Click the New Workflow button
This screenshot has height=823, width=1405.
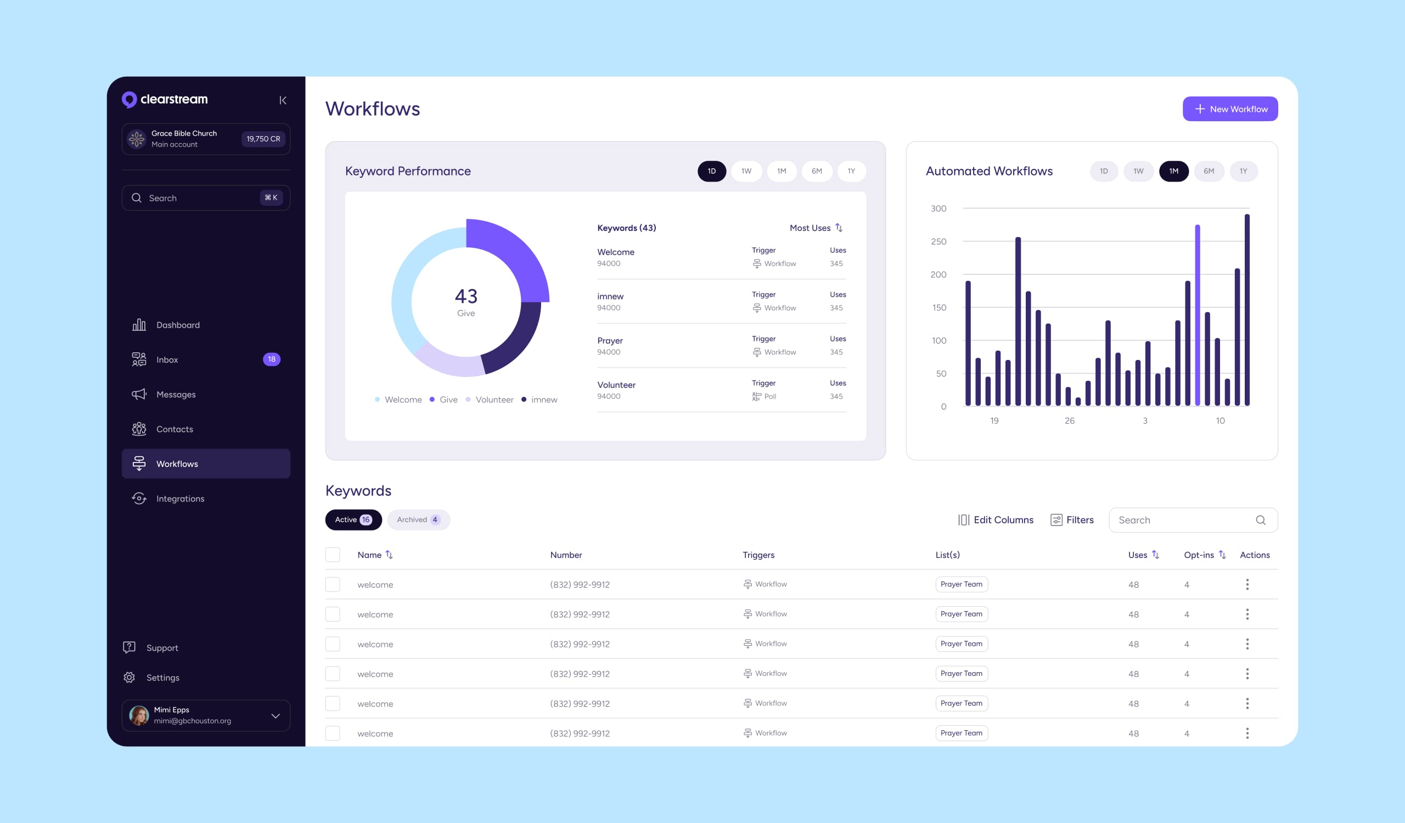coord(1229,109)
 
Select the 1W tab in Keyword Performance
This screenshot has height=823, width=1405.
coord(746,171)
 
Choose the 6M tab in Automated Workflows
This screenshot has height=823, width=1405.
coord(1208,171)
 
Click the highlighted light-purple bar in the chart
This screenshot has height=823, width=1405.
coord(1197,315)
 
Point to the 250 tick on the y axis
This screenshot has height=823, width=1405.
coord(938,241)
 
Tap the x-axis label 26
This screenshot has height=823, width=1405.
coord(1069,421)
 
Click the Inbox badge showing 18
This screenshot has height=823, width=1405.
coord(272,359)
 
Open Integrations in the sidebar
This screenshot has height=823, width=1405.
coord(180,499)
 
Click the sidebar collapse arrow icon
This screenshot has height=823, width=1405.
coord(283,100)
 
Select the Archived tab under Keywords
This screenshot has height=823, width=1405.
coord(418,520)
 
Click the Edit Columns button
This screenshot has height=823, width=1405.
coord(995,520)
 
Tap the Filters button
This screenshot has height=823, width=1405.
coord(1072,520)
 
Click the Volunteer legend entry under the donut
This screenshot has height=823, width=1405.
coord(494,399)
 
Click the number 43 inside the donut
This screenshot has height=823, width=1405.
coord(466,296)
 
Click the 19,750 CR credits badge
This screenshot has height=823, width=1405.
coord(263,139)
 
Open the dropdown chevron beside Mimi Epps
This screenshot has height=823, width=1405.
coord(276,715)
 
